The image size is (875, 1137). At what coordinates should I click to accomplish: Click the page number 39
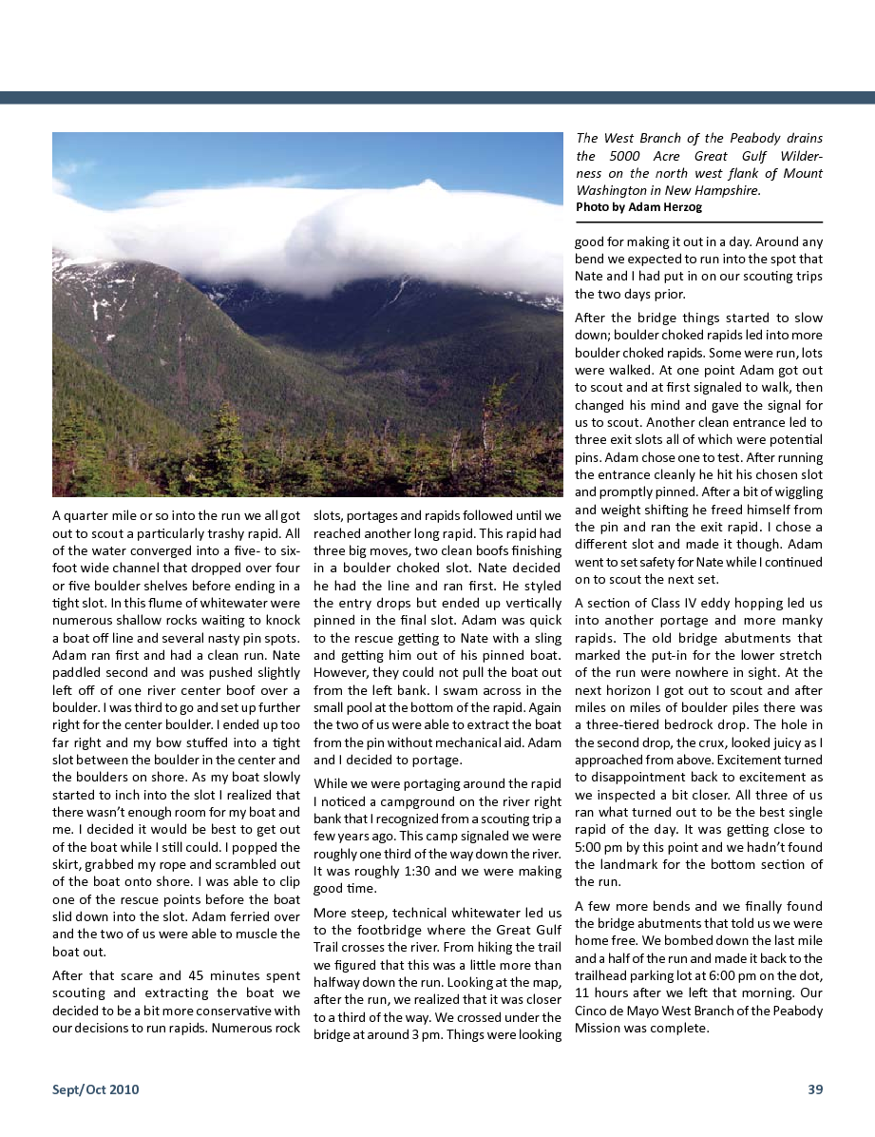click(x=815, y=1089)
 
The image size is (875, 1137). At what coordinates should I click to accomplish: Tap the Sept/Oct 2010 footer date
click(x=95, y=1089)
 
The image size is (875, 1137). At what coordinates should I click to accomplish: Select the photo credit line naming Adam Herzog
click(x=638, y=207)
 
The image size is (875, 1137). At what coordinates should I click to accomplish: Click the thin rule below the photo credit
click(x=698, y=222)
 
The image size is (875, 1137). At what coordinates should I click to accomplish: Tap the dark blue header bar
click(x=437, y=97)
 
